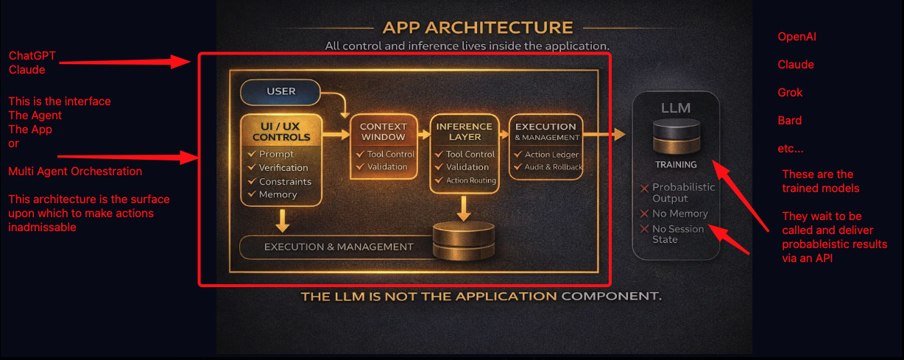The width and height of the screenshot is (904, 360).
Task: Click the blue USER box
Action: tap(280, 91)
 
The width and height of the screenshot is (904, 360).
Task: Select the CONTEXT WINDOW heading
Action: tap(383, 132)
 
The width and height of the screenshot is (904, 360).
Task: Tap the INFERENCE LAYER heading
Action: tap(465, 132)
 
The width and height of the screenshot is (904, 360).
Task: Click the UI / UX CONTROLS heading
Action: tap(281, 132)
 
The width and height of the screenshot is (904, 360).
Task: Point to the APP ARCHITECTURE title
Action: tap(478, 27)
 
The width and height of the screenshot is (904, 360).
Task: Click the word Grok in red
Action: tap(790, 93)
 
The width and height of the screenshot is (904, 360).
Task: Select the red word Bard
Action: tap(789, 120)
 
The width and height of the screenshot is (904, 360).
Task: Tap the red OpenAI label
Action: tap(797, 37)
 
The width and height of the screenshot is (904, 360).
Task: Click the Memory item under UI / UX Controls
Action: tap(278, 194)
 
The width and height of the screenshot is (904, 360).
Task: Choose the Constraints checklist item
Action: tap(285, 182)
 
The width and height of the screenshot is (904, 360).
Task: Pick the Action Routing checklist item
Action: tap(471, 180)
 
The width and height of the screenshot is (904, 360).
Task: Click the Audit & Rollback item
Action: tap(554, 166)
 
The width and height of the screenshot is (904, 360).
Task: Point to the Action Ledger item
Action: tap(551, 155)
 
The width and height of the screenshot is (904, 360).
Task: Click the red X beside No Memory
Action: tap(644, 213)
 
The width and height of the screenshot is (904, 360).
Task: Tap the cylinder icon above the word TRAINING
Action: tap(676, 136)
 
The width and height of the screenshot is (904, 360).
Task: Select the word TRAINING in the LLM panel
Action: tap(676, 165)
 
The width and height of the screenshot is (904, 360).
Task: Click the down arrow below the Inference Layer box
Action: tap(463, 208)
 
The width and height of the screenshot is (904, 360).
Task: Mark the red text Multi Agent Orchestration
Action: tap(75, 171)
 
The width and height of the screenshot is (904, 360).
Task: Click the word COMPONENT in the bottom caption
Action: tap(612, 296)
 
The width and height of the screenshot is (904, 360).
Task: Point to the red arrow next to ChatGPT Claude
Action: tap(125, 62)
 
